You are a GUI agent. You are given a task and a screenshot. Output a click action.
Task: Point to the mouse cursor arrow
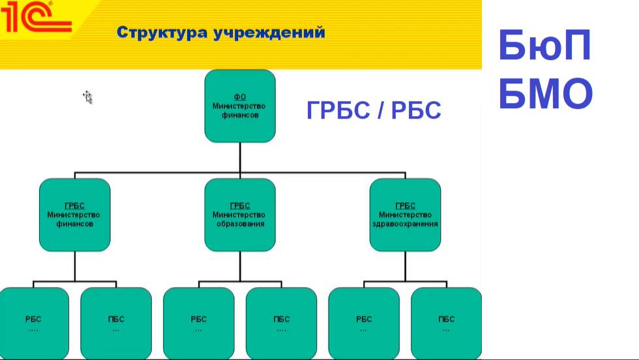click(87, 97)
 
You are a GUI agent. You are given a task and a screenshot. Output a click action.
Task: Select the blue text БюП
click(545, 46)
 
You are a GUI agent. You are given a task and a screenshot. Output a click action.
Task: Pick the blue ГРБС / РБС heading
click(374, 110)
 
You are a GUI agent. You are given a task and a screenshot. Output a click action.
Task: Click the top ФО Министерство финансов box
click(239, 106)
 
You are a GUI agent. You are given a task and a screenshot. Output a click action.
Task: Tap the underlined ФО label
click(239, 97)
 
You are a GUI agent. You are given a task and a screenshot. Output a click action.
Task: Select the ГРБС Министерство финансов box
click(74, 215)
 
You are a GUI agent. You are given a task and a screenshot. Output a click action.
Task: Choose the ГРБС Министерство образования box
click(239, 215)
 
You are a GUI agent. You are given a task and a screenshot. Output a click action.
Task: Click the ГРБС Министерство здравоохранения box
click(405, 215)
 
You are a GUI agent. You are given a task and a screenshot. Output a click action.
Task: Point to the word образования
click(239, 224)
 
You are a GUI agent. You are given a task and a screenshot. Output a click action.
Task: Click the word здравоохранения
click(405, 224)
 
